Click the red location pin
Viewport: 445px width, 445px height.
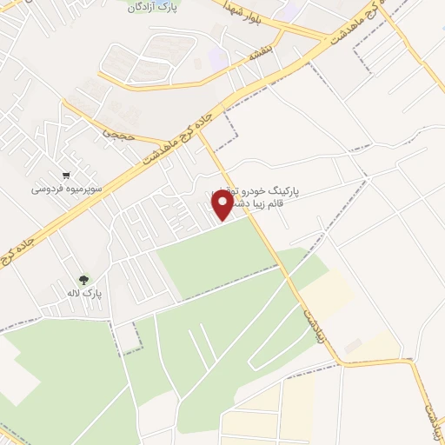(x=222, y=203)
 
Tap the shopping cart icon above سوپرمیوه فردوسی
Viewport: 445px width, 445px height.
(x=67, y=172)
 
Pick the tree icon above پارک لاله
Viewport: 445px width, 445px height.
(x=83, y=280)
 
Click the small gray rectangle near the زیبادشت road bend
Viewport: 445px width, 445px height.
(x=353, y=347)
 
